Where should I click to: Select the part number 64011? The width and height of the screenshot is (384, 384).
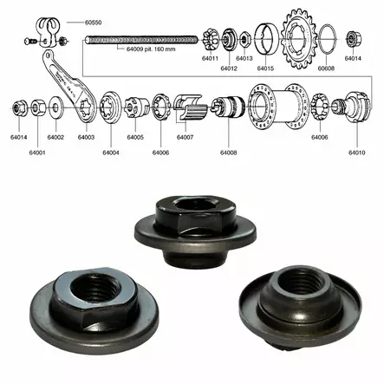coord(211,58)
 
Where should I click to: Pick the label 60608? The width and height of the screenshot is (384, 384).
coord(325,67)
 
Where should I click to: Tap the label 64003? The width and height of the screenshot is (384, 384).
coord(86,137)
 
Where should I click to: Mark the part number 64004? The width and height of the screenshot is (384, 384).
coord(110,153)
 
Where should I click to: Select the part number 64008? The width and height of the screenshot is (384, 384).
coord(229,153)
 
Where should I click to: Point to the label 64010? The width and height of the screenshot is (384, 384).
coord(357,153)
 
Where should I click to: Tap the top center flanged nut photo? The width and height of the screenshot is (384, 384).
coord(192,220)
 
